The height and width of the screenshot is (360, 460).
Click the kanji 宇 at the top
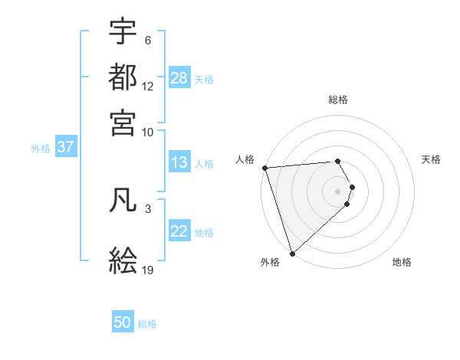pos(123,31)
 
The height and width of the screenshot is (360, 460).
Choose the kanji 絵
pos(123,261)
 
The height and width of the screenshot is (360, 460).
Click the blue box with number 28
pos(179,78)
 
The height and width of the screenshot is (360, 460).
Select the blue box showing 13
pos(179,162)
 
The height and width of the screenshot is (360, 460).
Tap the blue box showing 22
pos(179,231)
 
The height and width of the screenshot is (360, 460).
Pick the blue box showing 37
pos(65,147)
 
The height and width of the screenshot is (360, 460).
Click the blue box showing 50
pos(123,322)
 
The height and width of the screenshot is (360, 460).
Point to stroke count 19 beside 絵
pos(148,270)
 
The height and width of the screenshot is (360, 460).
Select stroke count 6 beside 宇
pos(148,40)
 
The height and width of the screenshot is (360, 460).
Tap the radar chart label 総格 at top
pos(338,100)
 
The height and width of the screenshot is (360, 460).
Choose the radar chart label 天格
pos(431,159)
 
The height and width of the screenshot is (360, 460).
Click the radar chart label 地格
pos(402,262)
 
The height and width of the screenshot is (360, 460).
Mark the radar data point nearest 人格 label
pos(264,168)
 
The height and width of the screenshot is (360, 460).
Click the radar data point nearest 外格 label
pos(292,254)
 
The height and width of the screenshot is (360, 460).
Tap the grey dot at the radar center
pos(338,191)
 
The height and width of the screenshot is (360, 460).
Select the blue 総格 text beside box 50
pos(147,324)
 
